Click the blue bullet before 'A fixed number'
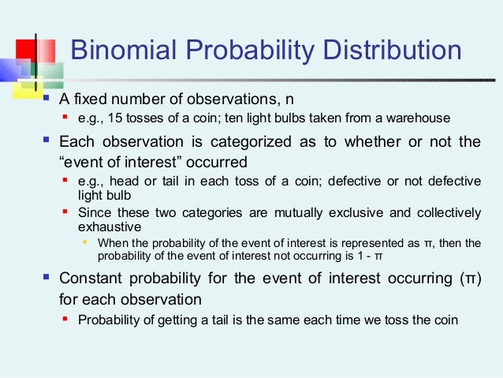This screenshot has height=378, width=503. tap(47, 99)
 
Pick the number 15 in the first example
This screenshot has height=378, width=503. tap(116, 118)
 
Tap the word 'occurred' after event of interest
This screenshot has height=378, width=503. tap(218, 162)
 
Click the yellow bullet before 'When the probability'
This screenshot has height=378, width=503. tap(86, 242)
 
